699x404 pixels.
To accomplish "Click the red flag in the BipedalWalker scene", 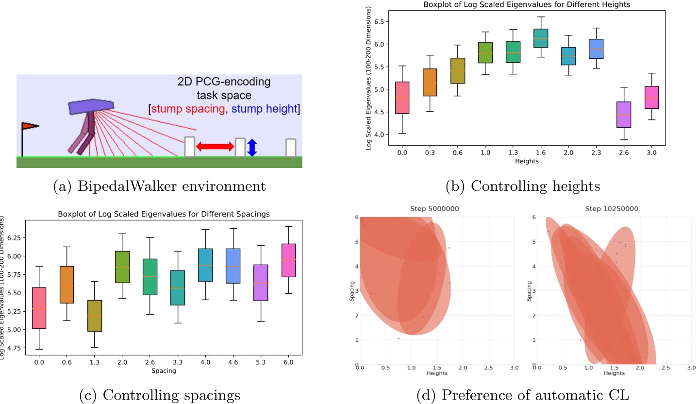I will coord(30,126).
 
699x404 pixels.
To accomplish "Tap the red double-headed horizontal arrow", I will coord(215,147).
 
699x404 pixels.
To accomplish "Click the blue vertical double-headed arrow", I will coord(251,148).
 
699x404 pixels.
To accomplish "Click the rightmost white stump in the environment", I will coord(290,148).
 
